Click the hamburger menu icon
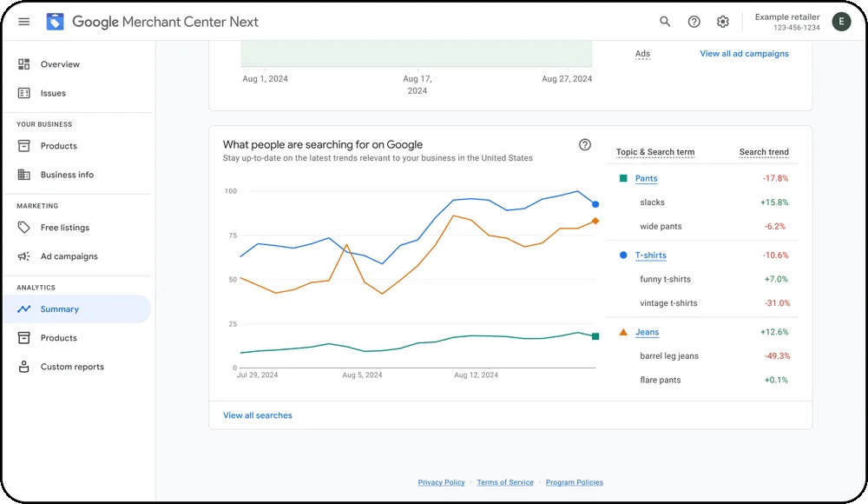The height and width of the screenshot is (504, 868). click(x=23, y=22)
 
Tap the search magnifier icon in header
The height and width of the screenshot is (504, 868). click(x=665, y=22)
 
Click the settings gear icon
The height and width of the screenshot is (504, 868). click(x=723, y=22)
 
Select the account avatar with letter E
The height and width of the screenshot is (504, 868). click(x=841, y=22)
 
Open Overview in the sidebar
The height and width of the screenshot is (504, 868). click(x=60, y=64)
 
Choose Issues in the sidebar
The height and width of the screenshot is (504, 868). click(x=53, y=93)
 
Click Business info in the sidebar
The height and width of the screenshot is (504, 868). click(x=67, y=175)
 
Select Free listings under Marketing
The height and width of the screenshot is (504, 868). click(x=65, y=228)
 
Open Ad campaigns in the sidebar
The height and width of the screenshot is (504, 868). click(x=69, y=256)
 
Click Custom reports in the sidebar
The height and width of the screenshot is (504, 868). click(x=72, y=367)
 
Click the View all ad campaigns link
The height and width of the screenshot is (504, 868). click(x=744, y=54)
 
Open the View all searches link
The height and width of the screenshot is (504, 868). click(x=258, y=415)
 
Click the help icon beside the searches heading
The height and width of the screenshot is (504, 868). click(x=585, y=145)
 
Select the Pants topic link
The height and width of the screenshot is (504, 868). click(x=646, y=179)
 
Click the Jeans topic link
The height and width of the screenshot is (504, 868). click(x=647, y=332)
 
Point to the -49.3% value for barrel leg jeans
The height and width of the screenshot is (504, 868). click(x=775, y=356)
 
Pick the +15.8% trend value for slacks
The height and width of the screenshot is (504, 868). click(x=774, y=202)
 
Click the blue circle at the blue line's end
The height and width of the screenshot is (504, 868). click(x=595, y=204)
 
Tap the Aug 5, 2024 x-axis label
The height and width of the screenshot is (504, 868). click(x=362, y=375)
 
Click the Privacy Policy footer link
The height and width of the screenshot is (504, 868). click(x=441, y=482)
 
